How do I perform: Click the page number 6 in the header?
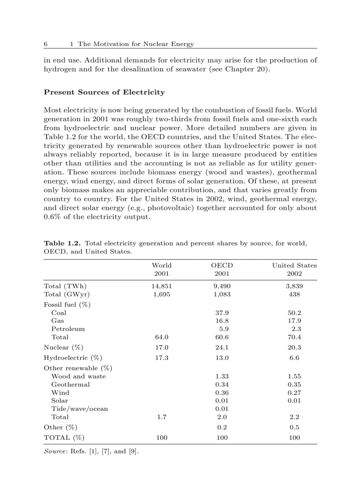coord(45,44)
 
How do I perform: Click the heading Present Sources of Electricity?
coord(104,92)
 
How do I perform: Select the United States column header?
coord(294,265)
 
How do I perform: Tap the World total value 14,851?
coord(161,286)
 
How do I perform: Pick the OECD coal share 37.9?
coord(221,313)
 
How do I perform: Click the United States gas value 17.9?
coord(294,320)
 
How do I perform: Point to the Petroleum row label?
coord(68,329)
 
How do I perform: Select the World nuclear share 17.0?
coord(161,347)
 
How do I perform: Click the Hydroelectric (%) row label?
coord(70,358)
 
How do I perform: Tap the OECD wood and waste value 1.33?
coord(221,376)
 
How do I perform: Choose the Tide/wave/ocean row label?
coord(79,409)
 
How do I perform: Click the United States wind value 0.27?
coord(294,392)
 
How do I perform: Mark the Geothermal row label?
coord(70,384)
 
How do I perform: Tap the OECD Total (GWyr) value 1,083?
coord(221,294)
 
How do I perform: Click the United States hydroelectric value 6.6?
coord(294,358)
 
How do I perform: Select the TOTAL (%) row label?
coord(64,438)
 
